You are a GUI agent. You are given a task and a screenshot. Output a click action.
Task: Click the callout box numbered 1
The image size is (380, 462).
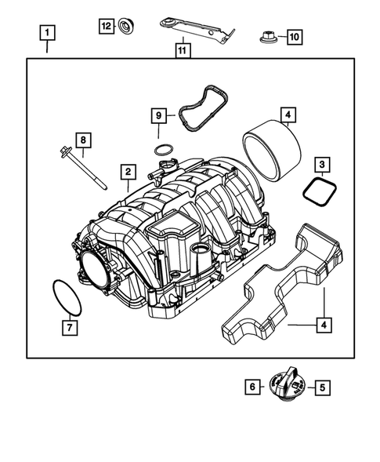[x=49, y=34]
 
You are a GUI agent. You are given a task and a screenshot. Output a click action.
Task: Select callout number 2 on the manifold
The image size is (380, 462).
[x=126, y=171]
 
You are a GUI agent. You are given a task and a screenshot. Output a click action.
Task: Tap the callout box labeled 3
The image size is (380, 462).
[x=322, y=164]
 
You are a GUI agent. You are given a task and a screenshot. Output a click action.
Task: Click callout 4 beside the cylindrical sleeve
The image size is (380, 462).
[x=288, y=116]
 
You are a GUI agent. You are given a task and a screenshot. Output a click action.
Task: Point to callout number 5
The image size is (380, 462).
[x=322, y=386]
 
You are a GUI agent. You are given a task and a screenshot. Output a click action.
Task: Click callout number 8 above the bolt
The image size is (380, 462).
[x=83, y=140]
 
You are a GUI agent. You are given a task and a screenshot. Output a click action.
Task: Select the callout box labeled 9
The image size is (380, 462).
[x=159, y=117]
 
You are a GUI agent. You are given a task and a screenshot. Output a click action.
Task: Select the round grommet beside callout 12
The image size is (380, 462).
[x=124, y=27]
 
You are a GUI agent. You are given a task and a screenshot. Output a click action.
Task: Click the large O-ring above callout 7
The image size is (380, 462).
[x=62, y=296]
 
